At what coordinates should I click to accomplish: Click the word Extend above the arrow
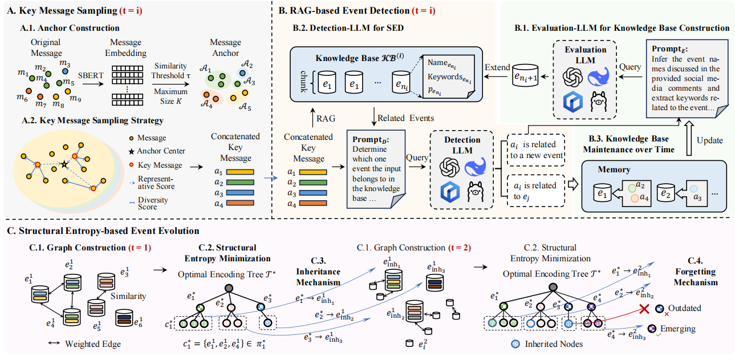click(498, 67)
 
